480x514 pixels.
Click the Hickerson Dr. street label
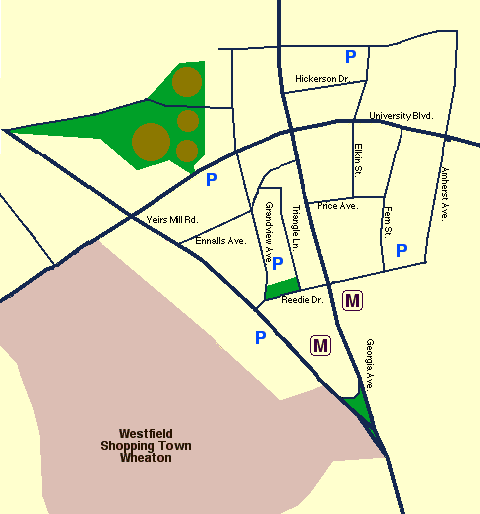321,78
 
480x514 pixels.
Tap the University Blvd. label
400,116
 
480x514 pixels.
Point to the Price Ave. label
337,205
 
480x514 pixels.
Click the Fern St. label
387,221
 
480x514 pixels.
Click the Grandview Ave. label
269,230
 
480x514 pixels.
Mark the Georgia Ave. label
368,363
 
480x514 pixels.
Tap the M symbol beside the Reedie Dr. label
352,299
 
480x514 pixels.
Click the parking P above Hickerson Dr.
351,56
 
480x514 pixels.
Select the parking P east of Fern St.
402,250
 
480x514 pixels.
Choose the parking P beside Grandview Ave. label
279,263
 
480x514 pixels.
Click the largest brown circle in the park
151,141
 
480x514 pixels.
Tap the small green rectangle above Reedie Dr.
283,288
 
